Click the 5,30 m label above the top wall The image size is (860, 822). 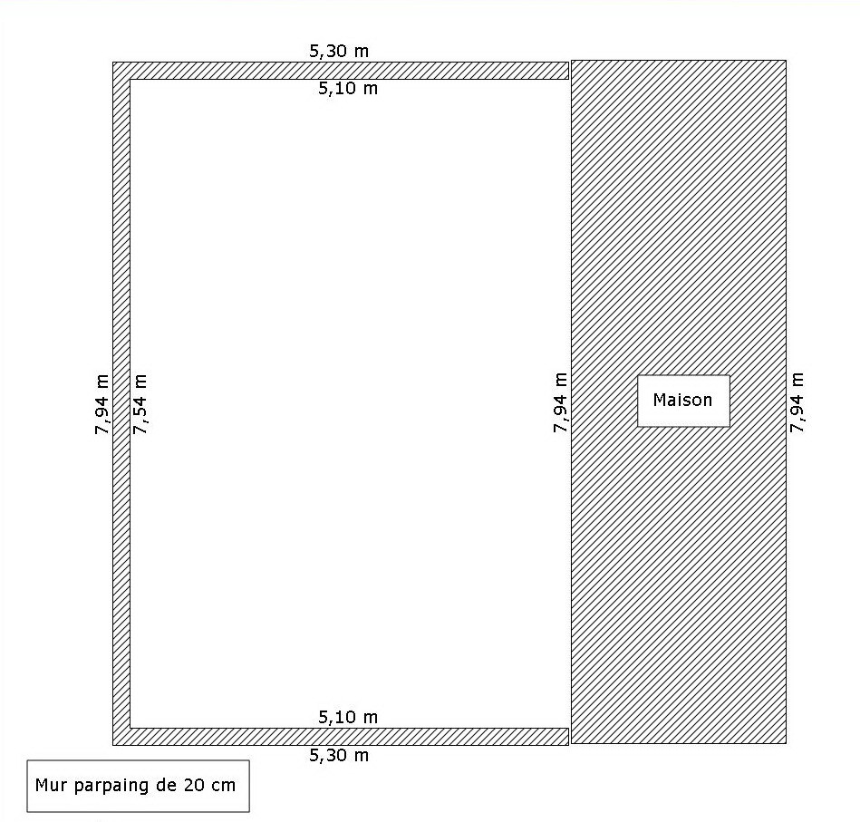(x=339, y=51)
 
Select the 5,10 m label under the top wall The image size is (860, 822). (x=348, y=88)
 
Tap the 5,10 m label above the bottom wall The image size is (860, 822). (x=348, y=717)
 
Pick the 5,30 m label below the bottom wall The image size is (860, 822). (x=339, y=755)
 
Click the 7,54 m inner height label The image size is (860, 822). (x=140, y=404)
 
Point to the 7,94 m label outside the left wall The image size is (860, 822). (x=102, y=405)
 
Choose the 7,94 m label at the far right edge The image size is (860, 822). (x=797, y=402)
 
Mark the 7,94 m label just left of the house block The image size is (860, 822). (x=560, y=402)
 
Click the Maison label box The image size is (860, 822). (x=683, y=401)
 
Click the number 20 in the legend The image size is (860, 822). (x=193, y=785)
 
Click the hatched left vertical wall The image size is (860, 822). (x=121, y=403)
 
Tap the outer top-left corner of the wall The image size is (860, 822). (x=113, y=62)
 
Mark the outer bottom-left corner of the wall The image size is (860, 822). (x=113, y=745)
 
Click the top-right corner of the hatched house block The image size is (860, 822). (x=786, y=61)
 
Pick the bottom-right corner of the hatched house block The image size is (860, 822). (x=786, y=743)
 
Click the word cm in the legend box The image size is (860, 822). (x=222, y=786)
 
